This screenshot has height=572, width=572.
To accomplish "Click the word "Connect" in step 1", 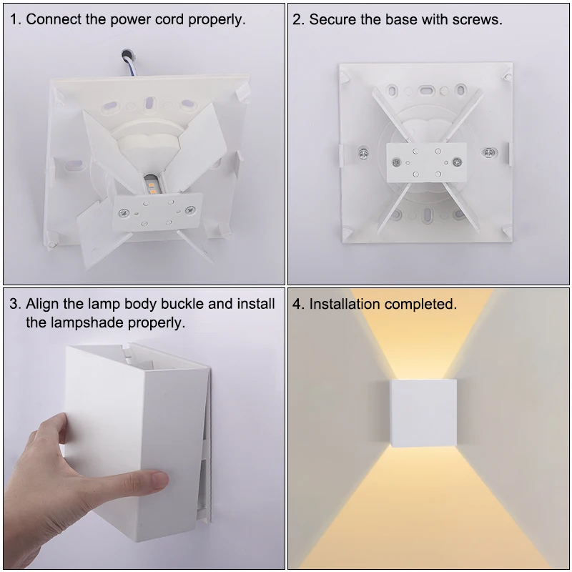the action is (x=53, y=19).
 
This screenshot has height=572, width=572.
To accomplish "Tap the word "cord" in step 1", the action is (x=169, y=19).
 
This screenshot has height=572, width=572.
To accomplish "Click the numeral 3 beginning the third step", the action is (x=14, y=303).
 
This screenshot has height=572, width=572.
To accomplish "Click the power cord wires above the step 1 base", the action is (x=129, y=62).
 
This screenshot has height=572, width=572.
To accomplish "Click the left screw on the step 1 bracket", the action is (x=124, y=212).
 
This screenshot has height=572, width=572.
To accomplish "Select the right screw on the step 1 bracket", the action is (x=190, y=209).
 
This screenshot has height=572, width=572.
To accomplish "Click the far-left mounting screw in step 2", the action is (x=363, y=154).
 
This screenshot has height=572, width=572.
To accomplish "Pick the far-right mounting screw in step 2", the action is (x=489, y=152).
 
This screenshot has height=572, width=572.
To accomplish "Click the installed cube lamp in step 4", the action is (x=423, y=413).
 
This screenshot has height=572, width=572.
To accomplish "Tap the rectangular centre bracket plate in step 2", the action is (x=426, y=162).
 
